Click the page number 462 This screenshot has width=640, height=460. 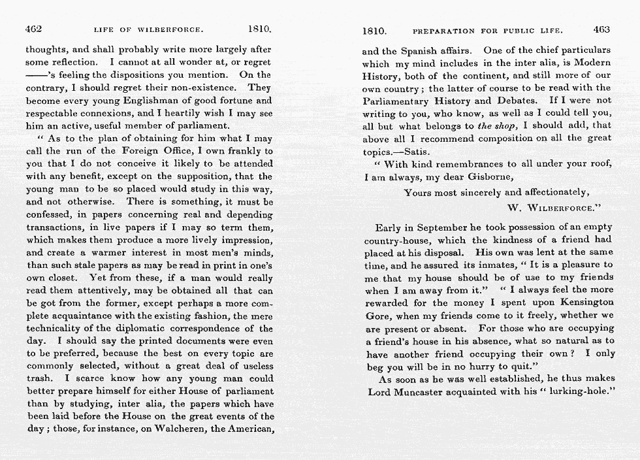34,30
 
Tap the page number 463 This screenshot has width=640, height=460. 601,30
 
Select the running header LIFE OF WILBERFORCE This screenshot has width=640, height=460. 149,31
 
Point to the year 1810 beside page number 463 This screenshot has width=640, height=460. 374,31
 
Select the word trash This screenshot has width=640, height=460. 40,378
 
